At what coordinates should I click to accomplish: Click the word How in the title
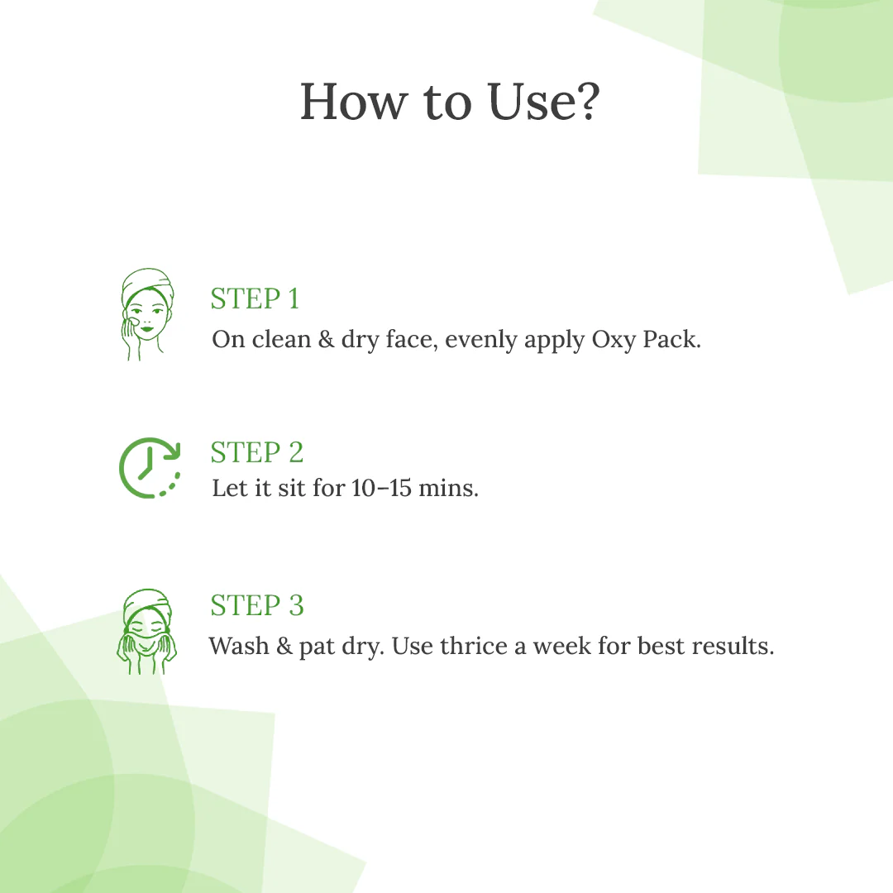[354, 103]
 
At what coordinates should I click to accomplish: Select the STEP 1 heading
[255, 298]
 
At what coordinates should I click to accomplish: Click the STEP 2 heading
[256, 452]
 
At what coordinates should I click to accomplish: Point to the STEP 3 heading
[256, 605]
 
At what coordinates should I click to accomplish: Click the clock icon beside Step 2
[150, 468]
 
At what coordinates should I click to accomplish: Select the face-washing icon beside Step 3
[146, 633]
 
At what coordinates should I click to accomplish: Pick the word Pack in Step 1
[671, 339]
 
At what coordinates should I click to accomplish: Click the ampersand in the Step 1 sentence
[326, 339]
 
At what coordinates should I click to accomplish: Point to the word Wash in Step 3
[239, 645]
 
